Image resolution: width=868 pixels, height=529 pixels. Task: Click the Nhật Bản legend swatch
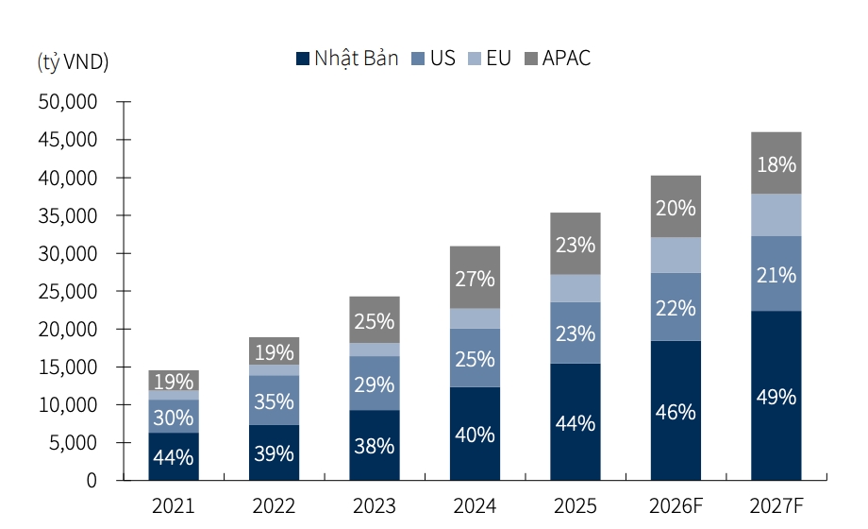302,59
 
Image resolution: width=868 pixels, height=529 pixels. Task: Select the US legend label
442,58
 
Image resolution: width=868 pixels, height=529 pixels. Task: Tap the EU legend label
498,58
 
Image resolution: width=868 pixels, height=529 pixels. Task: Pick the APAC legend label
566,58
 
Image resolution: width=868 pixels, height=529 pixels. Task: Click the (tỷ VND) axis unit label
73,62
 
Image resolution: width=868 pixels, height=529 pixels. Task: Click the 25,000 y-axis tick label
68,291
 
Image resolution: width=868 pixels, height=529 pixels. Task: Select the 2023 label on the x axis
375,505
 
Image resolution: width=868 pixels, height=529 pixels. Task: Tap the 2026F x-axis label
676,505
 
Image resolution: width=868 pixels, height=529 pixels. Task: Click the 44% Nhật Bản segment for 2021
174,456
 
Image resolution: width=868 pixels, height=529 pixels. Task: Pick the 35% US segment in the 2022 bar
274,401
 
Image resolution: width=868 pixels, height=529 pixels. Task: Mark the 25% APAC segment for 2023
375,320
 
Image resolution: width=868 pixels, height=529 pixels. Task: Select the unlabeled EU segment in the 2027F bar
776,215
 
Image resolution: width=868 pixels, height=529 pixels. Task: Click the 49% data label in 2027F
776,397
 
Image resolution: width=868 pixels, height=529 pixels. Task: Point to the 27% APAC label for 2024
475,279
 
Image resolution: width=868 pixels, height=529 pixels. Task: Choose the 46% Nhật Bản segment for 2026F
676,410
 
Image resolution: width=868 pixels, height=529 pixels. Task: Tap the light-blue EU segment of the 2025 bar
576,288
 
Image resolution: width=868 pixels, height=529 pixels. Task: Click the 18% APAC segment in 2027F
776,163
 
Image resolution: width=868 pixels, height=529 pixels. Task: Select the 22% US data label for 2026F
676,308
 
